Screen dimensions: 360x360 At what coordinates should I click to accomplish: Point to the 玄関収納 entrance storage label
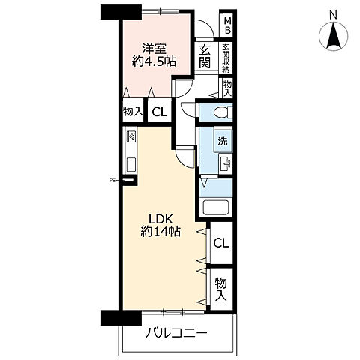pyautogui.click(x=226, y=57)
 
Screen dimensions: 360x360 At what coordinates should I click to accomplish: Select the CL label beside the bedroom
pyautogui.click(x=159, y=112)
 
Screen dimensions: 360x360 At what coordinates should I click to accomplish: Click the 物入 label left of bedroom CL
pyautogui.click(x=132, y=112)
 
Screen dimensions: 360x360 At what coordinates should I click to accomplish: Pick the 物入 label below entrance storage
pyautogui.click(x=227, y=89)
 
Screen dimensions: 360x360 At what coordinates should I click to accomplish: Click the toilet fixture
pyautogui.click(x=219, y=112)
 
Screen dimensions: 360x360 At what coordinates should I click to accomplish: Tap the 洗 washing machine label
pyautogui.click(x=223, y=140)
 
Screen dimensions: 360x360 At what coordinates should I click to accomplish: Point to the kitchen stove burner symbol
pyautogui.click(x=131, y=137)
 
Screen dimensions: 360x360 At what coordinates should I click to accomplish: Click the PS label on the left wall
pyautogui.click(x=113, y=180)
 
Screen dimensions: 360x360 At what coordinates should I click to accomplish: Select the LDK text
pyautogui.click(x=158, y=218)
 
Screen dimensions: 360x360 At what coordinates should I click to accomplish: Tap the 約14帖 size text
pyautogui.click(x=159, y=232)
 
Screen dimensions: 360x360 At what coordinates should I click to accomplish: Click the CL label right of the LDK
pyautogui.click(x=221, y=244)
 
